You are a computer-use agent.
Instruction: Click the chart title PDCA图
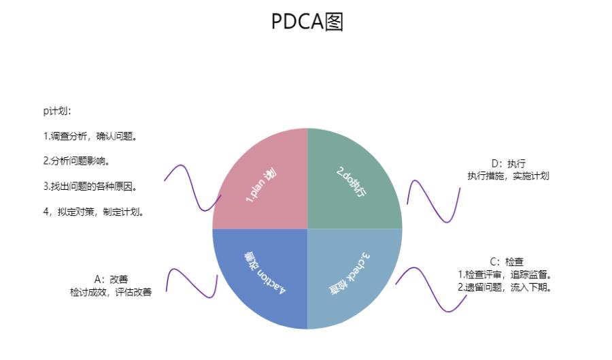[x=307, y=22]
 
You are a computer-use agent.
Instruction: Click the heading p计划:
[x=57, y=111]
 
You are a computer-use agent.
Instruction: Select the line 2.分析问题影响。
[x=77, y=161]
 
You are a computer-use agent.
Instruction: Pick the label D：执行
[x=508, y=163]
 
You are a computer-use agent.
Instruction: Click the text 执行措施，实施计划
[x=508, y=175]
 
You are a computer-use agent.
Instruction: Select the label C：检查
[x=507, y=261]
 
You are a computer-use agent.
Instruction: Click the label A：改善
[x=111, y=279]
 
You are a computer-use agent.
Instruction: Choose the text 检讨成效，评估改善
[x=111, y=292]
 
